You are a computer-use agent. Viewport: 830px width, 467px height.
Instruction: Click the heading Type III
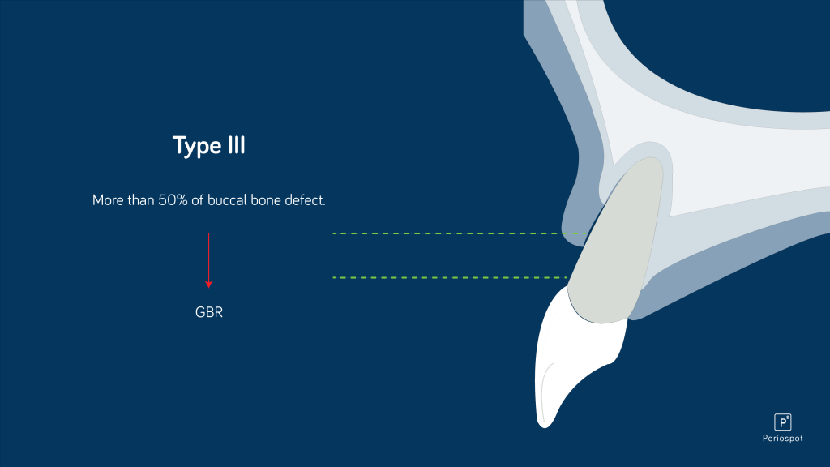tap(208, 146)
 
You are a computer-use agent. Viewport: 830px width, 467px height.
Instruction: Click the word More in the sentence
tap(108, 199)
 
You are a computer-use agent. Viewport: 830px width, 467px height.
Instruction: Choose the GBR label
tap(208, 311)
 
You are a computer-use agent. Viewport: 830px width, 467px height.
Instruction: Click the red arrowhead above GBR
tap(208, 285)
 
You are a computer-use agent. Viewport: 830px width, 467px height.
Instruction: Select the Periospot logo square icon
tap(782, 422)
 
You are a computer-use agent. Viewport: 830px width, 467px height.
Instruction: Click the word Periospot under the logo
tap(782, 439)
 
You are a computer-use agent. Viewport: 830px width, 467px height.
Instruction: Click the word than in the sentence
tap(141, 199)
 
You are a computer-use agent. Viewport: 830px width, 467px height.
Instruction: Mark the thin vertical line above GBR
tap(208, 255)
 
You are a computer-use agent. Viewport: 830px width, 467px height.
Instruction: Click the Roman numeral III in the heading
tap(233, 146)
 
